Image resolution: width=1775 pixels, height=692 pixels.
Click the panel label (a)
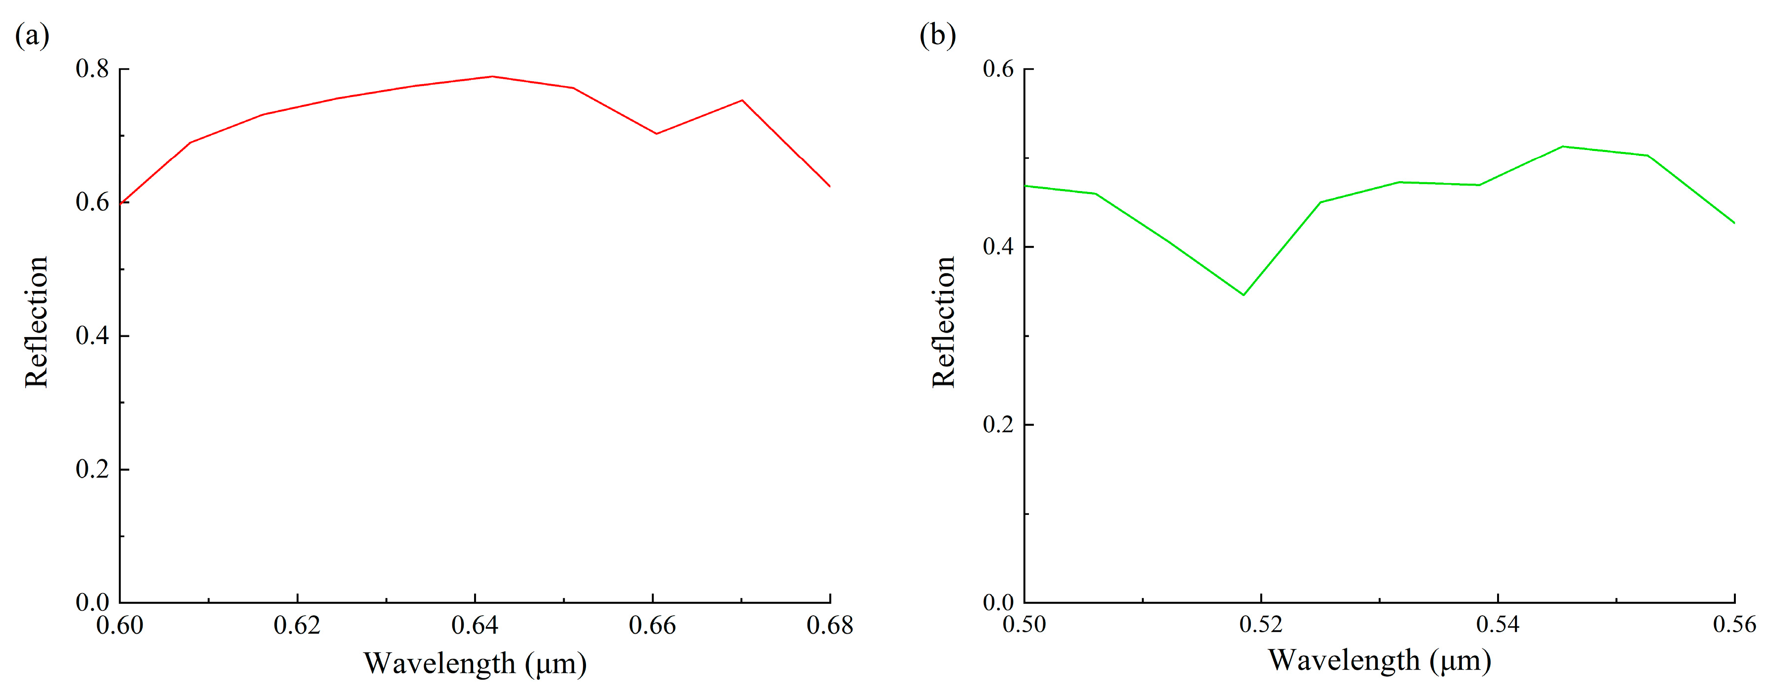click(32, 35)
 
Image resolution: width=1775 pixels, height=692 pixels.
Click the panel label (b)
click(937, 35)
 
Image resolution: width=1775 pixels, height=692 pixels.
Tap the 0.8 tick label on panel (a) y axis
click(92, 69)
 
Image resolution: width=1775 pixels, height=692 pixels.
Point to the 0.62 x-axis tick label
click(297, 625)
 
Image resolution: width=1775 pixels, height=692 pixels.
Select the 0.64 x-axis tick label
click(475, 625)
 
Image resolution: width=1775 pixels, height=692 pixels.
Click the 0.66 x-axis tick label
click(652, 625)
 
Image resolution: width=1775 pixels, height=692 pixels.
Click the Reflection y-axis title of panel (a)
click(37, 322)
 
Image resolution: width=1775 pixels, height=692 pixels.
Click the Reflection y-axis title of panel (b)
click(943, 322)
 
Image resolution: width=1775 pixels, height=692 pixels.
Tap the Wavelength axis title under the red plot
click(475, 663)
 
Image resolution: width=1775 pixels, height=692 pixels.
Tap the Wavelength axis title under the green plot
click(1380, 660)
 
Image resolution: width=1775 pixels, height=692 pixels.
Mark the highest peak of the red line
click(492, 76)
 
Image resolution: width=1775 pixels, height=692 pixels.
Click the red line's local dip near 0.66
click(656, 134)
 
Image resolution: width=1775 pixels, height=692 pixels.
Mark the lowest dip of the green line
click(1243, 295)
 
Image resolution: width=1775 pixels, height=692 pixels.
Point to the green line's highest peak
click(1563, 147)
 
